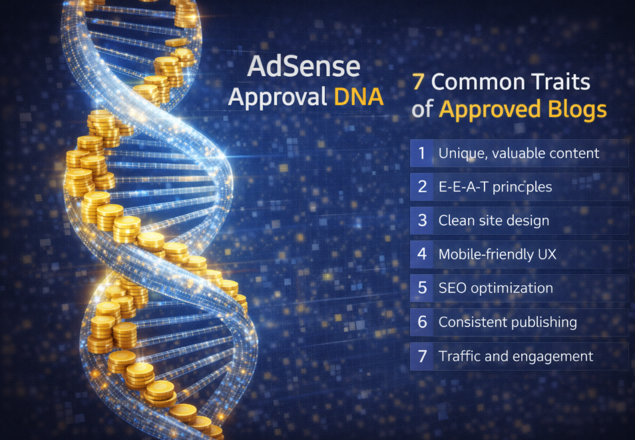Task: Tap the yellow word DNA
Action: coord(359,97)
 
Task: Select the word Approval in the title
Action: coord(278,99)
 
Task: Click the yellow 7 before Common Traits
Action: coord(418,82)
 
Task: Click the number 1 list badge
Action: coord(421,153)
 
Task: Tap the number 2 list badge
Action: coord(421,187)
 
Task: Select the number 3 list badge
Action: coord(421,221)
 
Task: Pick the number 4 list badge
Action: coord(421,254)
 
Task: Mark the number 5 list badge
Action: coord(421,288)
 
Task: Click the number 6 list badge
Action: coord(421,322)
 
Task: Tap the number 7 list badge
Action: coord(421,356)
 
